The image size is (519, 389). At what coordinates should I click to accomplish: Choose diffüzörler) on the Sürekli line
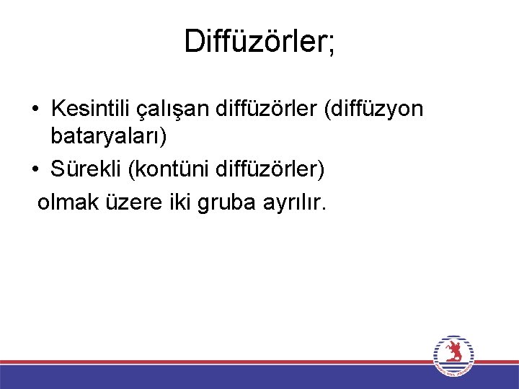268,170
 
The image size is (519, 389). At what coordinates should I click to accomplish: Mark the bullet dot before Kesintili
35,110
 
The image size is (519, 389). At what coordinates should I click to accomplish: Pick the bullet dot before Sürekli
35,171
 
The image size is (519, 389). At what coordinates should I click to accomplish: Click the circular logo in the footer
454,356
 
